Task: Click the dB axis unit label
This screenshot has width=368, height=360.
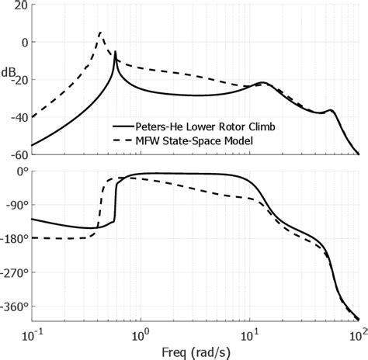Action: pyautogui.click(x=12, y=73)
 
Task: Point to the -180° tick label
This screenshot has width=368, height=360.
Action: pyautogui.click(x=14, y=238)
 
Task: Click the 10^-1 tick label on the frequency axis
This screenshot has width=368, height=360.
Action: pyautogui.click(x=31, y=334)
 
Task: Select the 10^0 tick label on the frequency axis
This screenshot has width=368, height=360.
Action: pyautogui.click(x=140, y=334)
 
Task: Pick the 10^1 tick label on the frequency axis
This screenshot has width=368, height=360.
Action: pyautogui.click(x=249, y=334)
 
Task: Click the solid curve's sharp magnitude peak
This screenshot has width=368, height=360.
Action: pyautogui.click(x=116, y=53)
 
